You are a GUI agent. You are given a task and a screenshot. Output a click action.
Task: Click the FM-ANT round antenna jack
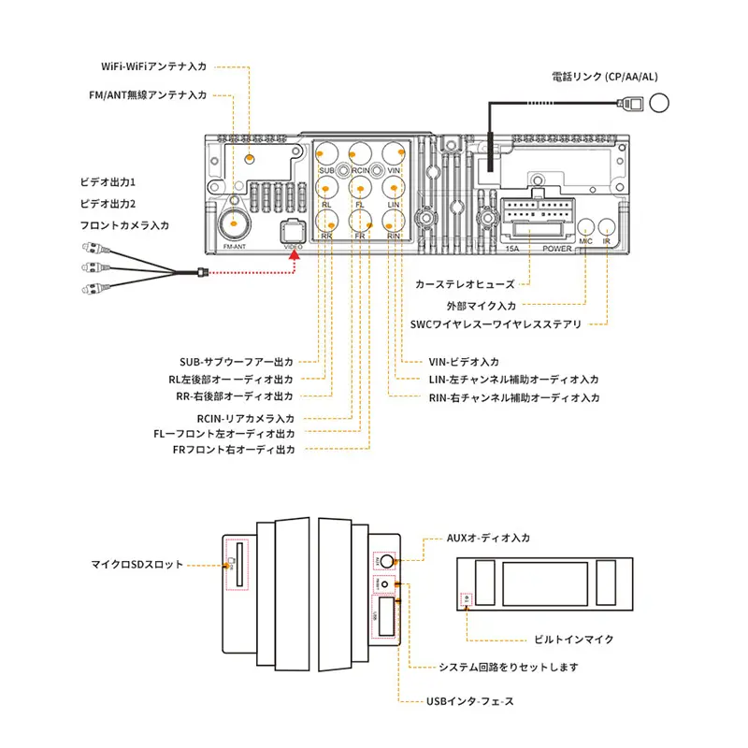pyautogui.click(x=234, y=223)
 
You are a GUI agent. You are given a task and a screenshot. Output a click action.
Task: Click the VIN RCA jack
pyautogui.click(x=394, y=153)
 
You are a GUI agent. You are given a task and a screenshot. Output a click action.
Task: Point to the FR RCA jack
pyautogui.click(x=361, y=221)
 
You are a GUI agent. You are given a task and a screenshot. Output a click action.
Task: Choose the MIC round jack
pyautogui.click(x=586, y=227)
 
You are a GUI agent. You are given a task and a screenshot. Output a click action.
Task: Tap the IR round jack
pyautogui.click(x=607, y=227)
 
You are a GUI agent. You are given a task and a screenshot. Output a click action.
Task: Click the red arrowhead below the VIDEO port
pyautogui.click(x=296, y=263)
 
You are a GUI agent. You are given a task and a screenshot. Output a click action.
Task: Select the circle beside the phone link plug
pyautogui.click(x=660, y=103)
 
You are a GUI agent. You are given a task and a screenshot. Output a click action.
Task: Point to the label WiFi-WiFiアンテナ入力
pyautogui.click(x=153, y=66)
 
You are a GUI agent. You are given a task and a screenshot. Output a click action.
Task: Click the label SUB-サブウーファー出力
pyautogui.click(x=237, y=362)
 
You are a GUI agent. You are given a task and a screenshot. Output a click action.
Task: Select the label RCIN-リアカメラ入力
pyautogui.click(x=246, y=418)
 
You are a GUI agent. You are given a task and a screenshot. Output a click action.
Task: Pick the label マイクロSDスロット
pyautogui.click(x=137, y=565)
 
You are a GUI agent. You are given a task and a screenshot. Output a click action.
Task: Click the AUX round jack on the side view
pyautogui.click(x=384, y=563)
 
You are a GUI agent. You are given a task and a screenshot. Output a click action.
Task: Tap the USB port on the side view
pyautogui.click(x=385, y=616)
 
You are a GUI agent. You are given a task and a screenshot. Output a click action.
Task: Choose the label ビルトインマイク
pyautogui.click(x=573, y=640)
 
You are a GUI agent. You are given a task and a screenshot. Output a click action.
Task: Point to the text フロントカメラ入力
pyautogui.click(x=124, y=224)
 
